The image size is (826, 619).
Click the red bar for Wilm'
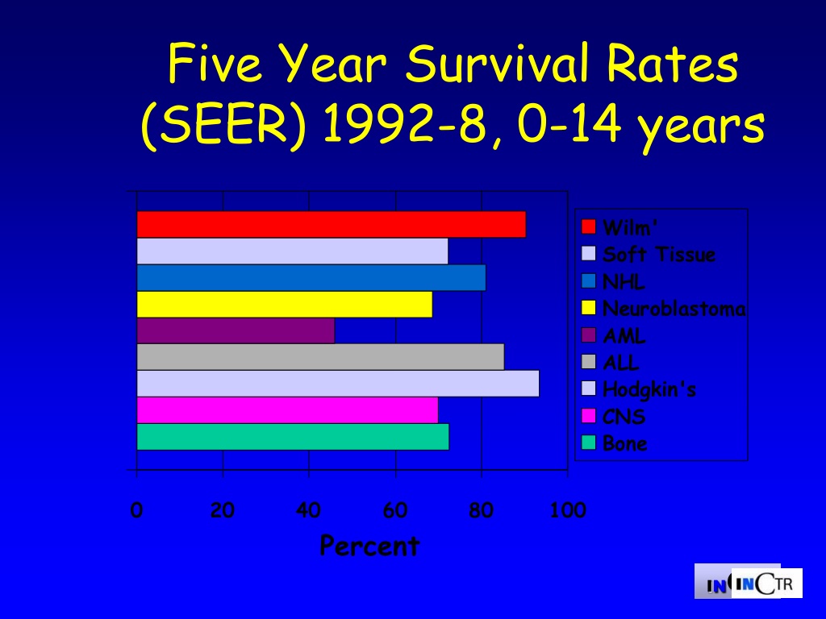pos(332,224)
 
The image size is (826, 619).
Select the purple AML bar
pos(236,330)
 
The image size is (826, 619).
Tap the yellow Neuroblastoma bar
pos(285,304)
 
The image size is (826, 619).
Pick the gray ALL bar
pos(320,357)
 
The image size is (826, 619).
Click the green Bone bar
pos(293,437)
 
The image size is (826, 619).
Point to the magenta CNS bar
pos(288,410)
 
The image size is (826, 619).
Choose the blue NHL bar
pos(311,277)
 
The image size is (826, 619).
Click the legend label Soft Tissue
pos(658,254)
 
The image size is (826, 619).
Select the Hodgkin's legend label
pos(649,389)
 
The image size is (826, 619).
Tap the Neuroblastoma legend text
pos(674,309)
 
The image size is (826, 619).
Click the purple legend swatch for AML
pos(588,334)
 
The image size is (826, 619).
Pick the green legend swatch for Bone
pos(588,442)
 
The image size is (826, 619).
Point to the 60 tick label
pos(395,510)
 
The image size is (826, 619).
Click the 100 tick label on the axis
pos(567,510)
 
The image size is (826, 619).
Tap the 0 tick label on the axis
pos(136,510)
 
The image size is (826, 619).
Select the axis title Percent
pos(369,546)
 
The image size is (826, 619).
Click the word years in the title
pos(701,127)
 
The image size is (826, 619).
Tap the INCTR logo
pos(748,581)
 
